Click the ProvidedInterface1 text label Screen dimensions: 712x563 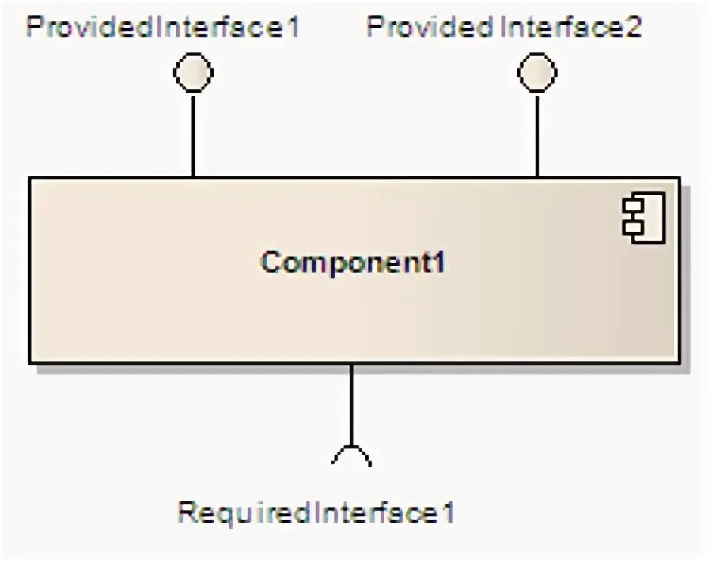pos(163,28)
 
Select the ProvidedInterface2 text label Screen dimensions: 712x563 pos(504,28)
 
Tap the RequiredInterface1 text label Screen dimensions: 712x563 pos(316,513)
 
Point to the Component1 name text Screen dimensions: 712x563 pos(353,263)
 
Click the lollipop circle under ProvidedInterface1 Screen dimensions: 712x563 pos(193,74)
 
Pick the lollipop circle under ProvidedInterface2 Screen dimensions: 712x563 pos(537,74)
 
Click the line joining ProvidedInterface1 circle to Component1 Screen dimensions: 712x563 pos(193,134)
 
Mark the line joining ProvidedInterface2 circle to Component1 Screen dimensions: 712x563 pos(537,134)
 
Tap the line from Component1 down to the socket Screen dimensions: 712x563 pos(351,403)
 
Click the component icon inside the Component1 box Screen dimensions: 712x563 pos(644,217)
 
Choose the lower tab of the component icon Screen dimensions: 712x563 pos(631,228)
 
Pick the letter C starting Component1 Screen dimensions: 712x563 pos(271,263)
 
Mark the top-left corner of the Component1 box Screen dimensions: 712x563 pos(30,178)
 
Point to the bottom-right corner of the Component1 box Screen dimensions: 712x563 pos(679,363)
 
